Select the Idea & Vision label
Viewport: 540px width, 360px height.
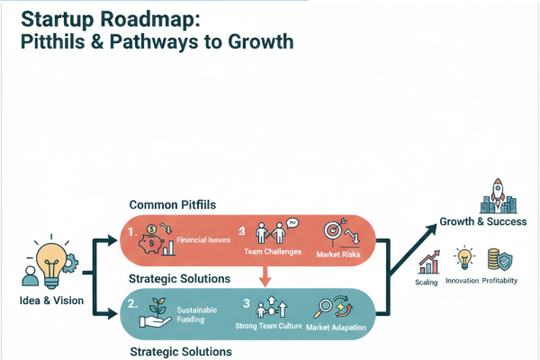(x=50, y=301)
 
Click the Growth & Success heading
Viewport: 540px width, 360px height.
(x=483, y=221)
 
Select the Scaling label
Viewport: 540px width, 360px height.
(x=427, y=282)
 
